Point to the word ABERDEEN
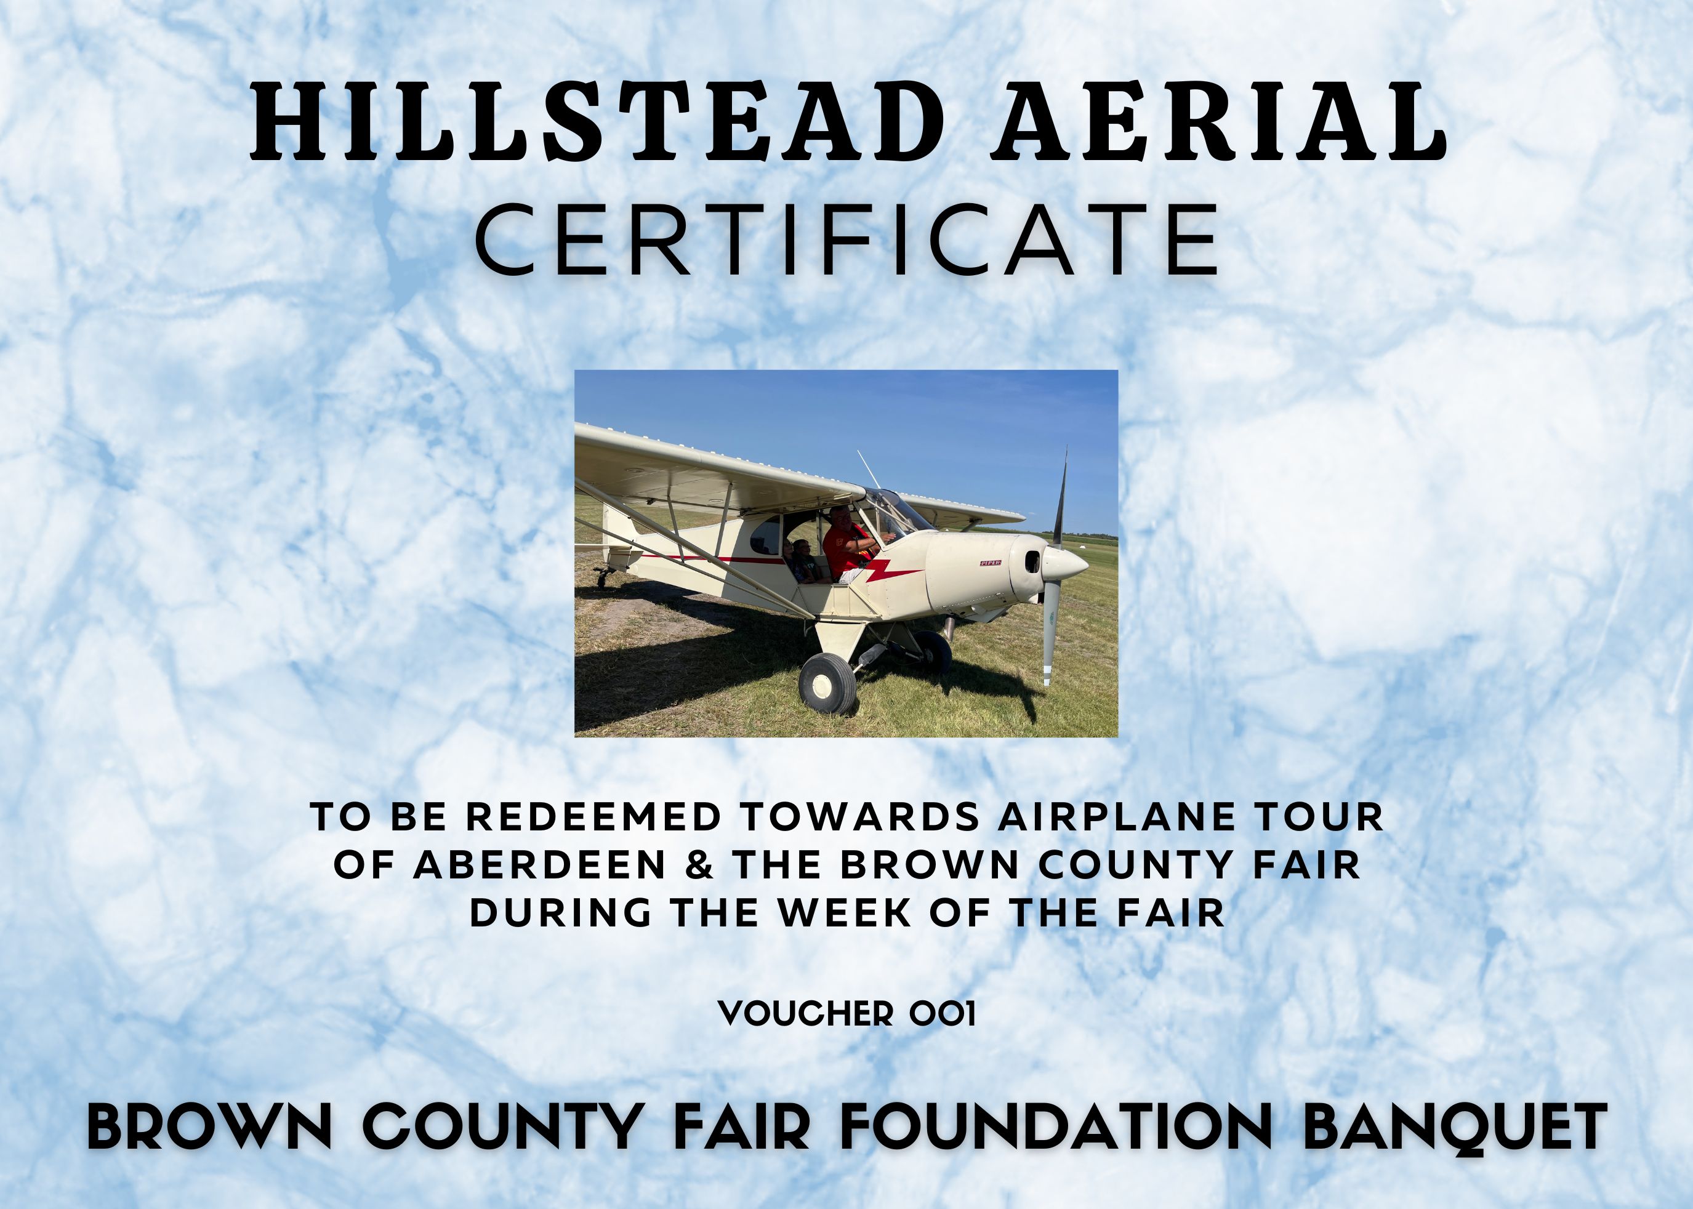[x=540, y=864]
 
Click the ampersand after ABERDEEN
[x=700, y=864]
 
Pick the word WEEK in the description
[x=846, y=913]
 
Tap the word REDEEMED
[x=594, y=817]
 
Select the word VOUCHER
[x=805, y=1013]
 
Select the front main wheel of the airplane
[x=827, y=683]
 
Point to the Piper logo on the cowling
[x=989, y=563]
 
